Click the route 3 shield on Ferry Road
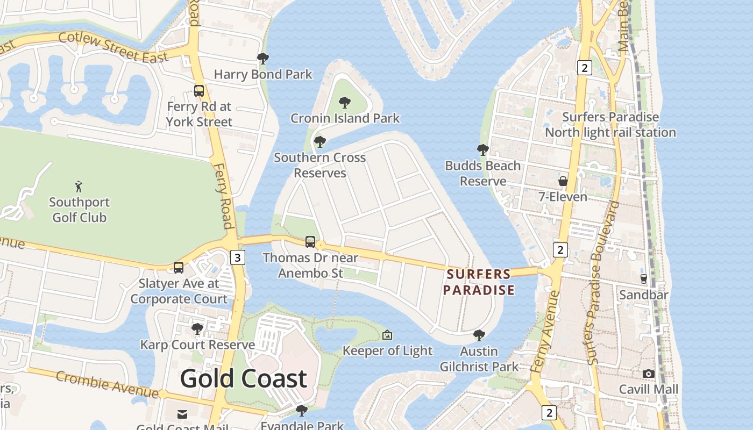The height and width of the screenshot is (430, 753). [x=237, y=257]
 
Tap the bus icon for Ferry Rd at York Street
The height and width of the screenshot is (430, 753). [x=199, y=90]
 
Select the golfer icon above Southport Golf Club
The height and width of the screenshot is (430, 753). [x=79, y=187]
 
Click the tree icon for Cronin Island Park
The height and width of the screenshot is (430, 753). [x=345, y=102]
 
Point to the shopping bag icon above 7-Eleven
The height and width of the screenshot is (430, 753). [x=563, y=181]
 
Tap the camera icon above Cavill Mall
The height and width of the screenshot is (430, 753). [x=649, y=374]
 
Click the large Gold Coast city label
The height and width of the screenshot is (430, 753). [x=243, y=378]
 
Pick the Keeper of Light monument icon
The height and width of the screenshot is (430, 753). [x=387, y=335]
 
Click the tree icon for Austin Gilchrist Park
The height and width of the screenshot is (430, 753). [x=479, y=335]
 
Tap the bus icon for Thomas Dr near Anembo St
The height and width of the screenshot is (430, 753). [x=310, y=242]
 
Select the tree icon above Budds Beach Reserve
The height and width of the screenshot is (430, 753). [x=482, y=150]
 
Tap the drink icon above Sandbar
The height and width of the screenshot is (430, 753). [x=643, y=278]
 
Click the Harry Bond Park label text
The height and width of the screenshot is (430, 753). [x=263, y=74]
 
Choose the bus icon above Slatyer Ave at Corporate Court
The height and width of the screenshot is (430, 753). [x=179, y=267]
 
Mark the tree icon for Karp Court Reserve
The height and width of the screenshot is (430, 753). [x=197, y=328]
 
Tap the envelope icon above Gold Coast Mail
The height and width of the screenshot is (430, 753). [x=182, y=414]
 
